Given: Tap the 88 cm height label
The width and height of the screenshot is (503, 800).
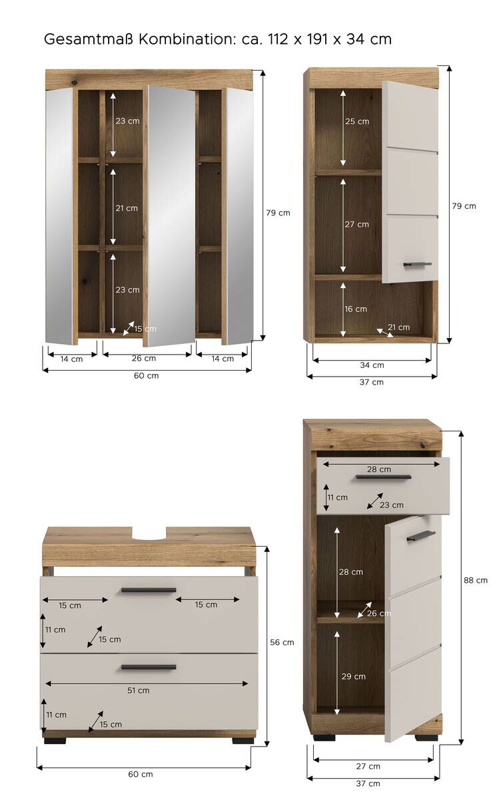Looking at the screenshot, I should click(x=476, y=580).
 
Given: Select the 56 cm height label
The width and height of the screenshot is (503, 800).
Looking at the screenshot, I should click(x=282, y=642).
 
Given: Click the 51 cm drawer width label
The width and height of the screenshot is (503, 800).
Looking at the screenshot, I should click(x=139, y=690).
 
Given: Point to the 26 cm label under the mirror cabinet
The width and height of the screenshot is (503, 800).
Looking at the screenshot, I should click(x=144, y=358).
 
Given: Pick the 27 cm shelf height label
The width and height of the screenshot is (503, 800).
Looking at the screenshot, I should click(x=356, y=224).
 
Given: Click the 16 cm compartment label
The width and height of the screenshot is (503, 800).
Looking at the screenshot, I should click(x=356, y=309).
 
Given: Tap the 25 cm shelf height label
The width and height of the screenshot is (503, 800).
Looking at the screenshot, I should click(x=356, y=121).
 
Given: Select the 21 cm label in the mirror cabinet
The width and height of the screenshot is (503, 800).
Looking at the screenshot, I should click(x=127, y=208).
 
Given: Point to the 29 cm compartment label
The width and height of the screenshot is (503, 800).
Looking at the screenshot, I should click(x=353, y=677).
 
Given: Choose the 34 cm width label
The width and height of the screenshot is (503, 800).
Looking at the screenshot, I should click(x=372, y=365).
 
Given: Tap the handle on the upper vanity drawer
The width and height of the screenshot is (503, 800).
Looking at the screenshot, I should click(x=149, y=590).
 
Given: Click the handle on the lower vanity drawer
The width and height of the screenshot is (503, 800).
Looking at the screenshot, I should click(x=149, y=667).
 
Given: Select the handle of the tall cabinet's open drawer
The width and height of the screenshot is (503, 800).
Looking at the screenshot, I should click(x=383, y=477).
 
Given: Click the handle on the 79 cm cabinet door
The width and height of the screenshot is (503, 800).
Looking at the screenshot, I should click(x=417, y=265).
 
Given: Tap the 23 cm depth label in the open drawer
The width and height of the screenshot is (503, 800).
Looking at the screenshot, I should click(x=392, y=505).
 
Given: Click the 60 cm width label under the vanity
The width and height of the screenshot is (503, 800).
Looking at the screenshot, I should click(x=141, y=774).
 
